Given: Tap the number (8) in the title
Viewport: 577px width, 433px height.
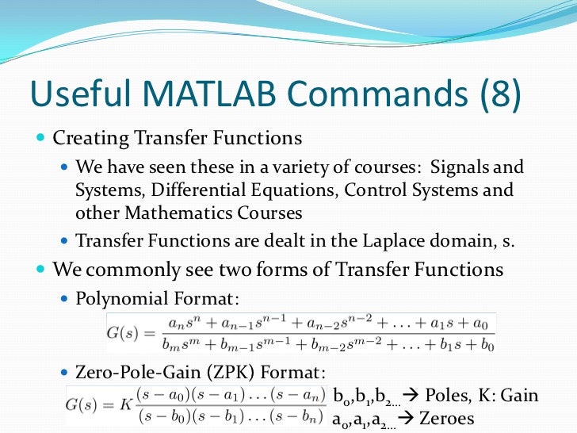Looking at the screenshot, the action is [501, 94].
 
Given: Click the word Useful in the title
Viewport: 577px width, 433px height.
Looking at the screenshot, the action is [81, 92].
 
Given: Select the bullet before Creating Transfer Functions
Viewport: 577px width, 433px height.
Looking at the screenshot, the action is [41, 138].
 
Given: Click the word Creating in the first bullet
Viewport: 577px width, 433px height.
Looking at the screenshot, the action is [90, 139].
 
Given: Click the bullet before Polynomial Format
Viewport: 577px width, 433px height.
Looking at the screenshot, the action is [64, 298].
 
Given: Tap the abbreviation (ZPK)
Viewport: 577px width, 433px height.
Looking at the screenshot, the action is [231, 372].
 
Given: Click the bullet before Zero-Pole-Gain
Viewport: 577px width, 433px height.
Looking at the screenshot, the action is [64, 372].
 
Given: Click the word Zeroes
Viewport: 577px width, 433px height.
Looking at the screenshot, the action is [446, 419].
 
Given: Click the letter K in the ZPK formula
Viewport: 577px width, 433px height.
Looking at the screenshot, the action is [125, 405].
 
